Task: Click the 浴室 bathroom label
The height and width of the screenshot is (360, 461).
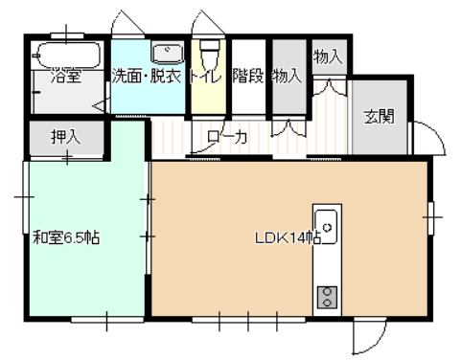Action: tap(66, 76)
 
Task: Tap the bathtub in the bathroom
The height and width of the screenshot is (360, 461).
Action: tap(68, 55)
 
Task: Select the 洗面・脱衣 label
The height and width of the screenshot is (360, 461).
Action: tap(147, 76)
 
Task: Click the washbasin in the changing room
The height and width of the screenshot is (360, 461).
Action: tap(168, 53)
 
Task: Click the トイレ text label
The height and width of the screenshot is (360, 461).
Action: tap(205, 77)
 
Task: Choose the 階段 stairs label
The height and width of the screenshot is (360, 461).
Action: tap(248, 76)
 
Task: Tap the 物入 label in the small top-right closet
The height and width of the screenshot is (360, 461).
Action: tap(328, 57)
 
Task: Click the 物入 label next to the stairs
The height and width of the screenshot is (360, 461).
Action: tap(287, 76)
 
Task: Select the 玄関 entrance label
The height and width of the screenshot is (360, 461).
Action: tap(380, 117)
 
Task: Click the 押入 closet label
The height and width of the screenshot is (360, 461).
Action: tap(65, 137)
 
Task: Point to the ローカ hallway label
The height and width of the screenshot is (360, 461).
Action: tap(227, 137)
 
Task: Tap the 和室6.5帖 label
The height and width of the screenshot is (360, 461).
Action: tap(66, 237)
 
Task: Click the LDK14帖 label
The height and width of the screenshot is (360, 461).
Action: tap(288, 237)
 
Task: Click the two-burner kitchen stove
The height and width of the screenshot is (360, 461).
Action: tap(327, 297)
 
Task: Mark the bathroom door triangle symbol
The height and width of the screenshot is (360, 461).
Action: tap(99, 105)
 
